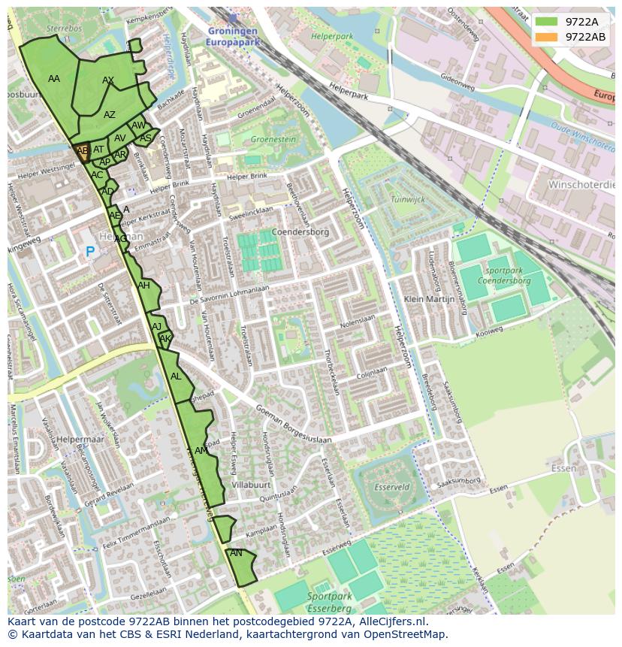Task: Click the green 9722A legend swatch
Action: coord(547,22)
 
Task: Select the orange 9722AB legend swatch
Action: coord(547,37)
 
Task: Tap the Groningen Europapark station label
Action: coord(232,37)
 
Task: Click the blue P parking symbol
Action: coord(90,252)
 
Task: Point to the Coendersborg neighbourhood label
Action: coord(300,232)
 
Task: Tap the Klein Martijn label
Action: coord(429,298)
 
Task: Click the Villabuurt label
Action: coord(251,485)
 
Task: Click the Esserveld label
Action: coord(392,487)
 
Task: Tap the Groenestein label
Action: coord(273,140)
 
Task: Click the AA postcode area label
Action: coord(54,79)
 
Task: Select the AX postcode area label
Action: coord(108,80)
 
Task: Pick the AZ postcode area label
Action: coord(110,115)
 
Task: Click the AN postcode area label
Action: coord(236,553)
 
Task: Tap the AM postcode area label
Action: coord(201,451)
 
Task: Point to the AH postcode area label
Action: coord(143,286)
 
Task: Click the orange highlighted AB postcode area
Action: coord(82,152)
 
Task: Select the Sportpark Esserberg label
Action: coord(329,601)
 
